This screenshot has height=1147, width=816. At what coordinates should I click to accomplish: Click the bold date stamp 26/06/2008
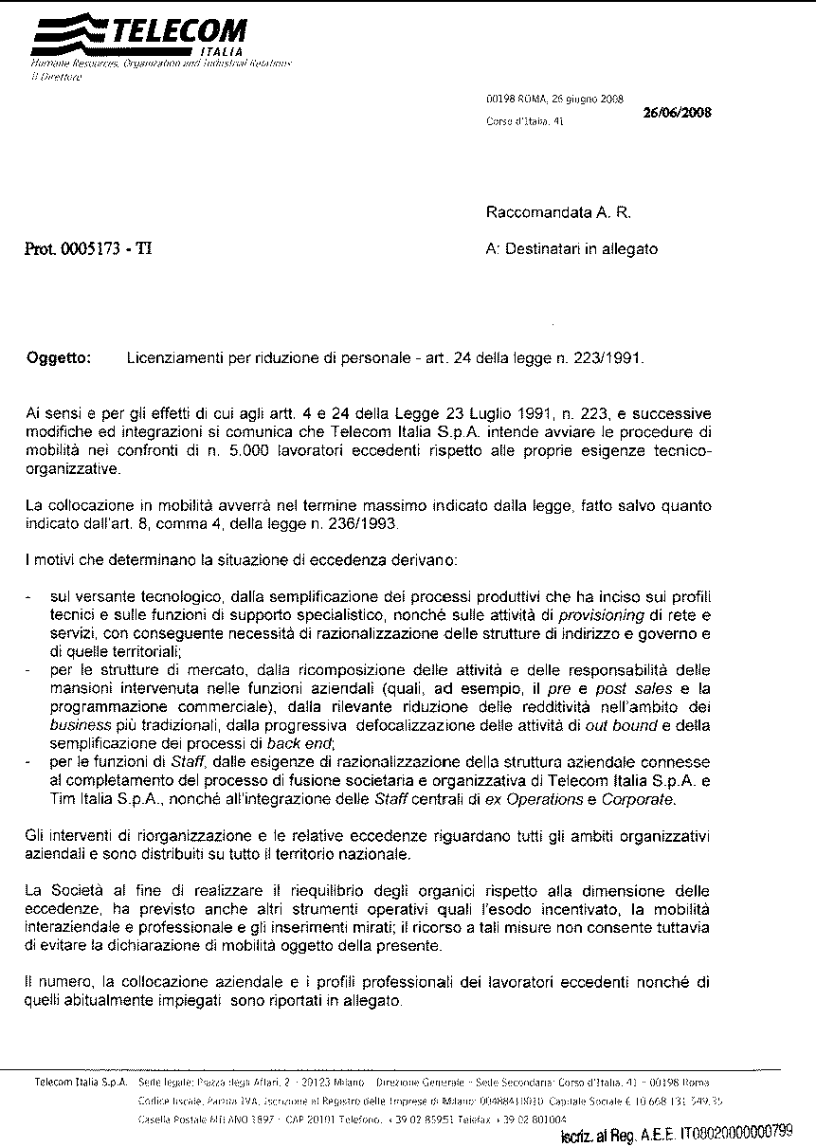click(x=678, y=112)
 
